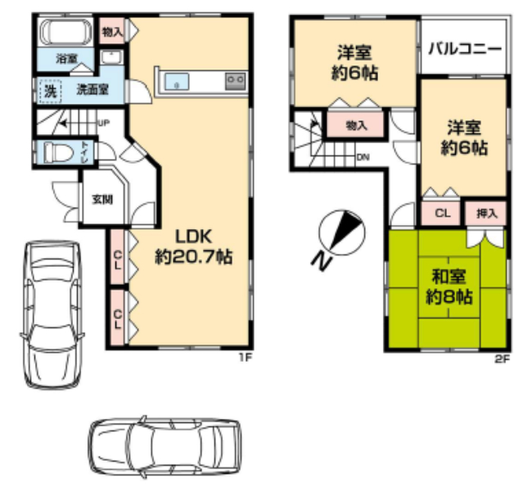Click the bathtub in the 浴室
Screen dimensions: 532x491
point(65,32)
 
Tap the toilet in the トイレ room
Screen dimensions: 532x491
point(58,152)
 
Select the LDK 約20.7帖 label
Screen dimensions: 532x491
point(194,246)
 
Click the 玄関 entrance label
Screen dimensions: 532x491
point(102,200)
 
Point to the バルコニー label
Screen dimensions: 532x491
point(465,49)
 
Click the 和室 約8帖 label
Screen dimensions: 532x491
point(449,287)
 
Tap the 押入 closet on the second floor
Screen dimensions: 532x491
point(486,213)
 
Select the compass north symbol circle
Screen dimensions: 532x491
point(342,233)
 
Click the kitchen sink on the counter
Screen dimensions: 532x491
point(177,82)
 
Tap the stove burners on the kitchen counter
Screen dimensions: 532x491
point(236,82)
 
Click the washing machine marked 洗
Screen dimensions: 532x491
point(50,92)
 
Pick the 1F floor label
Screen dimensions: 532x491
point(246,357)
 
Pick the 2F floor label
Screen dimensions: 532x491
point(503,358)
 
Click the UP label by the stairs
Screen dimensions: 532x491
point(103,123)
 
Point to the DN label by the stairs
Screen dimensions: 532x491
point(363,157)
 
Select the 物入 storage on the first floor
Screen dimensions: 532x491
point(112,32)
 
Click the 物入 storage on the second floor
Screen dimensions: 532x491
point(356,125)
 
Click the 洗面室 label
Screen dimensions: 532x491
point(92,90)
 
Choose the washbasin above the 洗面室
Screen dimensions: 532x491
point(111,57)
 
